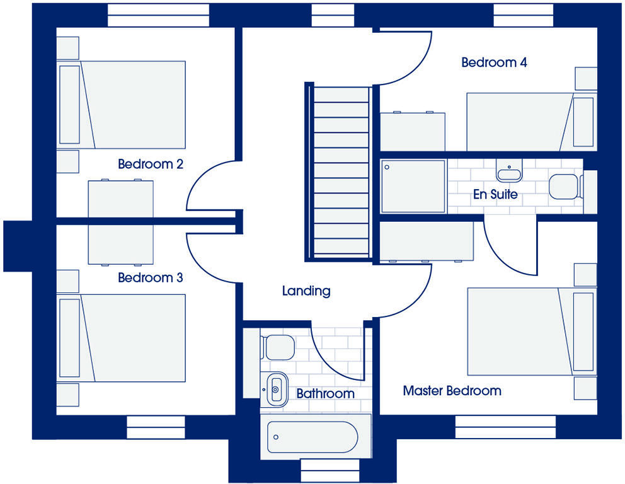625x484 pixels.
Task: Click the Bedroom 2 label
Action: [151, 164]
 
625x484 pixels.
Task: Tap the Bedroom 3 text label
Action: [151, 277]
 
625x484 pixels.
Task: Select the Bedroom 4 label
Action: [494, 62]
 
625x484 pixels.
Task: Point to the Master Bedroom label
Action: [452, 391]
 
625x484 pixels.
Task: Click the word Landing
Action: [306, 291]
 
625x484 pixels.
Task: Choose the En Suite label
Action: [495, 194]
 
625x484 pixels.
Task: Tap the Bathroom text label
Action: [325, 394]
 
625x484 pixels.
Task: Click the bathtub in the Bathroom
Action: [312, 436]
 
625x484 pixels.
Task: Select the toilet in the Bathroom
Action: [278, 346]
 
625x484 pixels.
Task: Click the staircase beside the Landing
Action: [341, 171]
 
